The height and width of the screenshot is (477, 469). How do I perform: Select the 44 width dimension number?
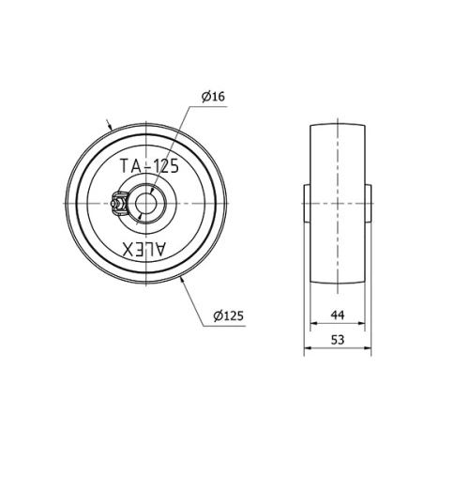click(338, 315)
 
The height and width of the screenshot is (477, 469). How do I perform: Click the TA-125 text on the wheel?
click(150, 166)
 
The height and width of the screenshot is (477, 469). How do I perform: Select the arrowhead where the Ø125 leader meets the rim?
click(182, 281)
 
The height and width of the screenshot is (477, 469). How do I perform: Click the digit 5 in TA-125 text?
click(174, 166)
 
